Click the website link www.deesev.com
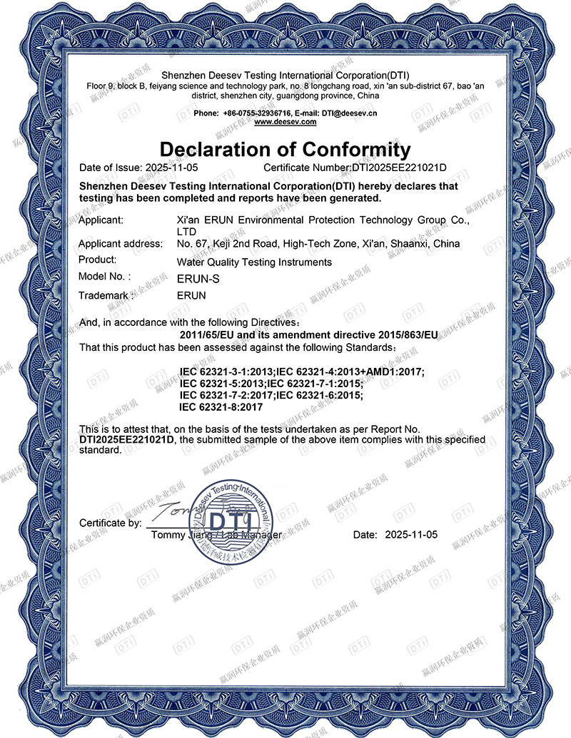pyautogui.click(x=285, y=122)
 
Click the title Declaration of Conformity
pyautogui.click(x=285, y=150)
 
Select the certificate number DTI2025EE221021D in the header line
pyautogui.click(x=399, y=168)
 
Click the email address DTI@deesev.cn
pyautogui.click(x=350, y=113)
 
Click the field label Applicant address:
pyautogui.click(x=120, y=244)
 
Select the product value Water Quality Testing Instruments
pyautogui.click(x=253, y=262)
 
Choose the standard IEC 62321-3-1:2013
pyautogui.click(x=227, y=372)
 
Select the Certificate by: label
pyautogui.click(x=110, y=523)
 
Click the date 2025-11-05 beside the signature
pyautogui.click(x=410, y=534)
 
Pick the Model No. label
pyautogui.click(x=105, y=277)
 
